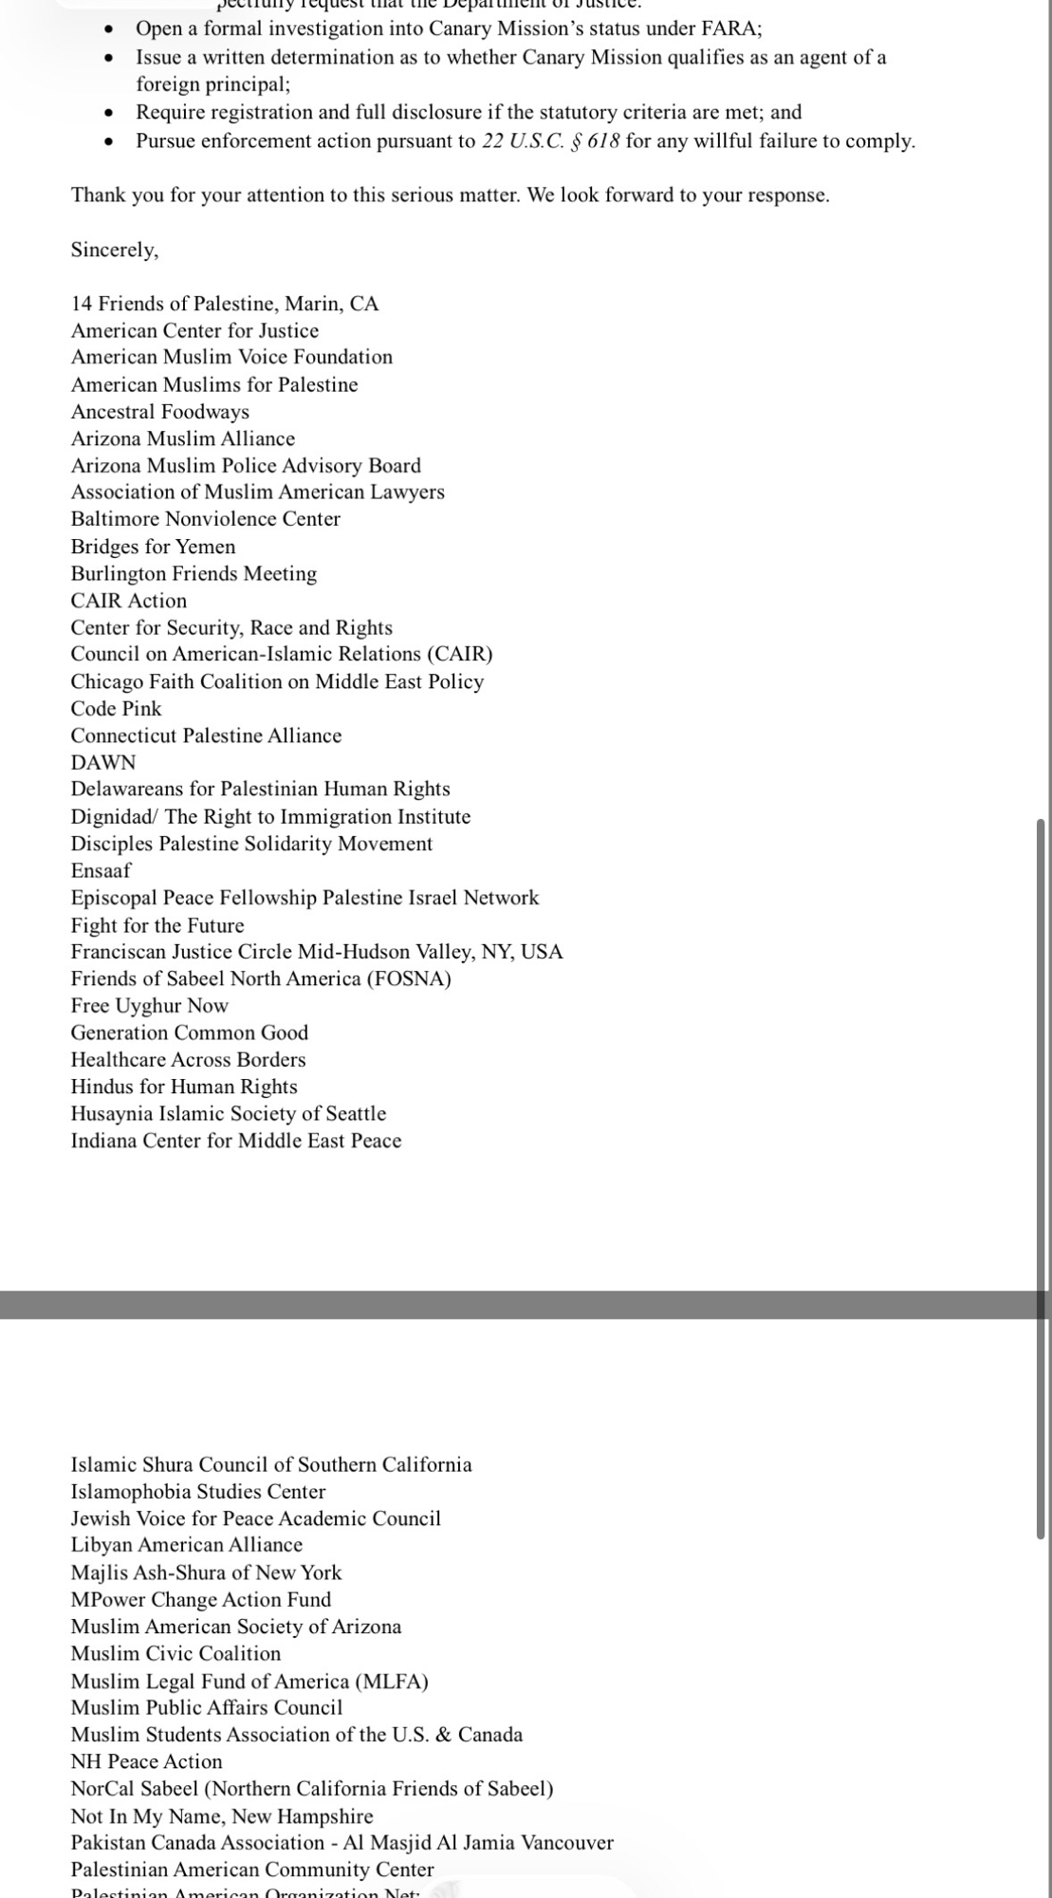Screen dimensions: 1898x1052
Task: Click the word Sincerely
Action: [114, 250]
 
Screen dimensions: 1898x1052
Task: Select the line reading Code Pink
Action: [116, 709]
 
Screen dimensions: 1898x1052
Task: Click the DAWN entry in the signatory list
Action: [103, 763]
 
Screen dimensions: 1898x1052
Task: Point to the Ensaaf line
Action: [101, 870]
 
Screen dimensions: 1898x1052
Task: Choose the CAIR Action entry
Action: [128, 601]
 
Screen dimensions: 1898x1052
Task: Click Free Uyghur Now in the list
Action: [149, 1006]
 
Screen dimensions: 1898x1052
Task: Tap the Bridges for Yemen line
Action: [153, 547]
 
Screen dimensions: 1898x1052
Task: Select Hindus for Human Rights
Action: [183, 1087]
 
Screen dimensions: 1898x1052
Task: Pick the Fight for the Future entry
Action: [157, 925]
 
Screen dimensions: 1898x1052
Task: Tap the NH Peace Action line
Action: [146, 1761]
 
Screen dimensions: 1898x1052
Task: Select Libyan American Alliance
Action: [186, 1545]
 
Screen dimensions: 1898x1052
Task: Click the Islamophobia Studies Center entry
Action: [197, 1492]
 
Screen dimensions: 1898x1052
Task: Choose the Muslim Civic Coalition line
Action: [175, 1653]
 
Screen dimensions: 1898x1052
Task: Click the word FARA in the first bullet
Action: [729, 28]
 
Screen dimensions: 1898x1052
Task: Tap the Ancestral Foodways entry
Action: [159, 412]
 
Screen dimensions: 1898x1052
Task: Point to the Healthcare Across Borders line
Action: [188, 1060]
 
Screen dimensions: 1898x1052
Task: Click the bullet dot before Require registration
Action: [110, 113]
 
